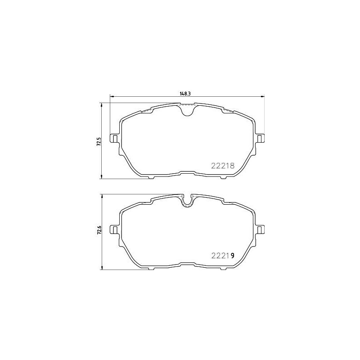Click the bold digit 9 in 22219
coord(232,255)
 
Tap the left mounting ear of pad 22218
coord(115,138)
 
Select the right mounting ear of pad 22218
coord(260,138)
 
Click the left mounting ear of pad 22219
coord(115,229)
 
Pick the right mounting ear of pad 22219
coord(260,229)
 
